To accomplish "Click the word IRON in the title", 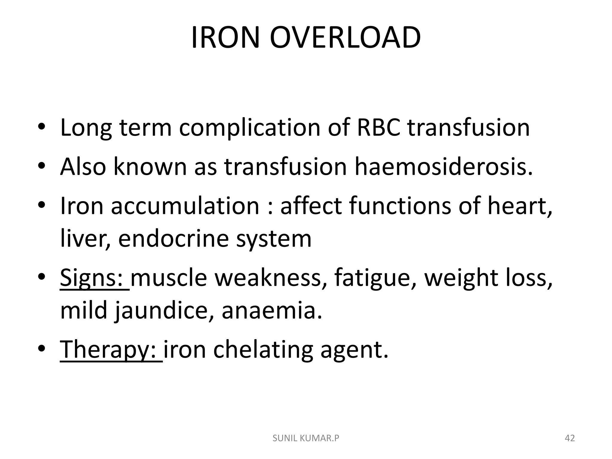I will pyautogui.click(x=225, y=38).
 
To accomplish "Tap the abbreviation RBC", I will pyautogui.click(x=378, y=128).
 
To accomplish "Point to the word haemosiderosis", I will pyautogui.click(x=443, y=166).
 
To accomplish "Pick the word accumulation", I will pyautogui.click(x=185, y=206).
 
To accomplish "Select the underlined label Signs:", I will pyautogui.click(x=94, y=278).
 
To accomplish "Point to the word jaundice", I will pyautogui.click(x=164, y=311).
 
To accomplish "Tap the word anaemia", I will pyautogui.click(x=272, y=311).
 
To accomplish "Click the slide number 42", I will pyautogui.click(x=570, y=438).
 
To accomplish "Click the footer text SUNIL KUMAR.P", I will pyautogui.click(x=306, y=438).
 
